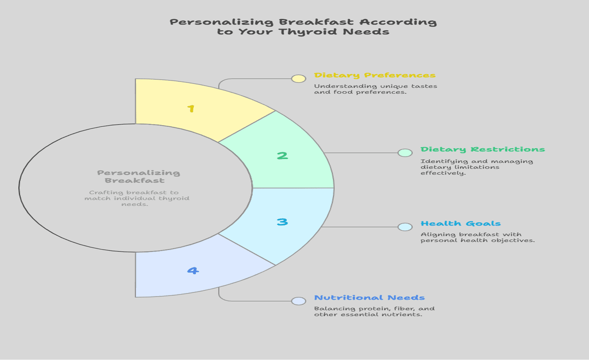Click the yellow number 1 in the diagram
[x=191, y=108]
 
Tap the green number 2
[x=282, y=155]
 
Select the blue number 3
[x=282, y=222]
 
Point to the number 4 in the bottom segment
[x=193, y=271]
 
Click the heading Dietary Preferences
[x=375, y=76]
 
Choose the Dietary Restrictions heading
[x=483, y=149]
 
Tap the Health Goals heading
[x=461, y=223]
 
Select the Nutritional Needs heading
[x=369, y=298]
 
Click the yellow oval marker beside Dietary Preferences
[x=299, y=79]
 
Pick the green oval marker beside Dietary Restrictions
[x=405, y=153]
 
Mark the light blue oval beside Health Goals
[x=405, y=227]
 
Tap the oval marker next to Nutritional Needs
[x=299, y=301]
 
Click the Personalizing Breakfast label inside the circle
[x=138, y=176]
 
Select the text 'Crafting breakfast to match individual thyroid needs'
[x=137, y=198]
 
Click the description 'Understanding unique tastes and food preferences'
[x=375, y=89]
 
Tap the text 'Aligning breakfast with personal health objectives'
[x=478, y=238]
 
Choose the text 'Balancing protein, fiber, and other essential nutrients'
[x=374, y=311]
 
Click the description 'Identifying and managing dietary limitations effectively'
[x=477, y=167]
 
